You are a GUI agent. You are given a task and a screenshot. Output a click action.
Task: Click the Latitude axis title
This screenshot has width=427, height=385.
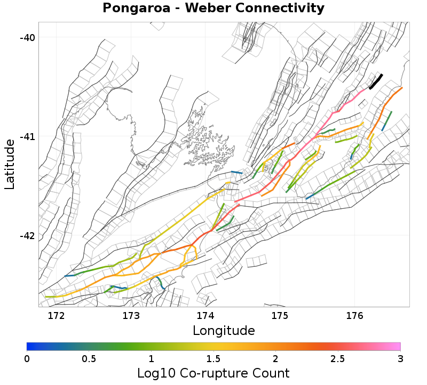click(x=10, y=164)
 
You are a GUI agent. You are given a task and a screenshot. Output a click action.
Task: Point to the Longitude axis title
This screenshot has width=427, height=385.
click(x=224, y=331)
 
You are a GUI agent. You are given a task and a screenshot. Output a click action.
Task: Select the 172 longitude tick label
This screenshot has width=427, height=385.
click(x=57, y=315)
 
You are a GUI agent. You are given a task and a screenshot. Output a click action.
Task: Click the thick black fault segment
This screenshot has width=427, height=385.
click(x=376, y=81)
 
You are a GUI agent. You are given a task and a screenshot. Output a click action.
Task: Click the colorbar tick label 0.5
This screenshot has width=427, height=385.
click(x=89, y=358)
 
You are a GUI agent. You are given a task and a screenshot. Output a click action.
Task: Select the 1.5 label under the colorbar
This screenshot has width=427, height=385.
click(x=213, y=358)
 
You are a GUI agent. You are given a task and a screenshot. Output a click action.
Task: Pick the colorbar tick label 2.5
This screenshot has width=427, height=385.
click(x=338, y=358)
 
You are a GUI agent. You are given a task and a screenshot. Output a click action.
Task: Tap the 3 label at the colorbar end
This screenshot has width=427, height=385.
click(x=400, y=358)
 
